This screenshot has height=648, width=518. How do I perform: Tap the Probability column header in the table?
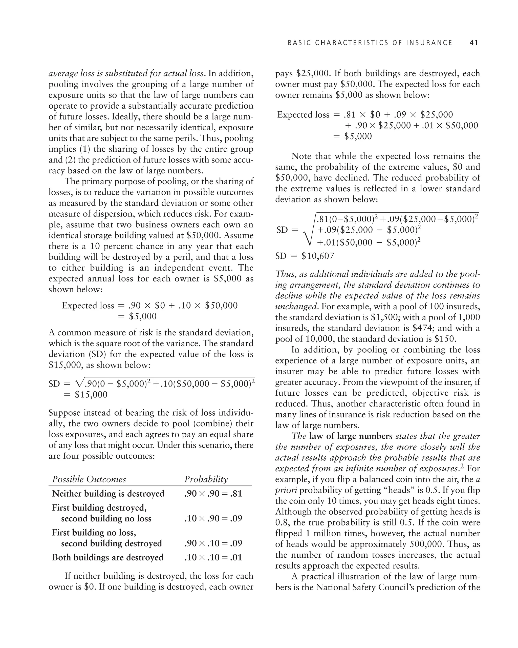(206, 479)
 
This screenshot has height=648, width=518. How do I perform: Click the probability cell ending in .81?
(213, 494)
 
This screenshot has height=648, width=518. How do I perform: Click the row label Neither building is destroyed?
(108, 494)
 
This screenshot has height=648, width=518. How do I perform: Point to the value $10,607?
(318, 256)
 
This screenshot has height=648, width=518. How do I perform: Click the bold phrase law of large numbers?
(351, 436)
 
